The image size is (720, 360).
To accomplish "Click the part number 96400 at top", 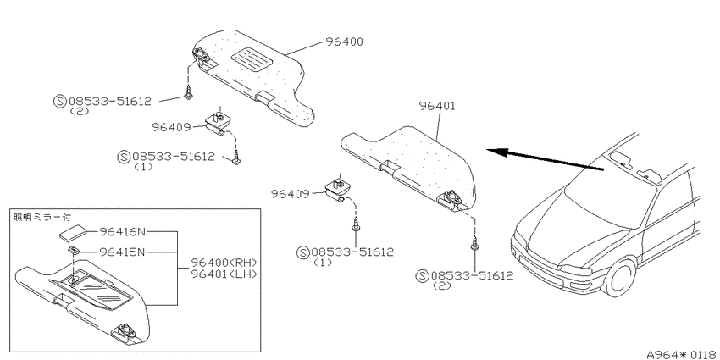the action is click(x=345, y=42).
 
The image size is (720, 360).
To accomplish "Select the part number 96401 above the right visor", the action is click(x=437, y=106).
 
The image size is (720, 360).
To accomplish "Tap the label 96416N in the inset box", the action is click(x=122, y=232).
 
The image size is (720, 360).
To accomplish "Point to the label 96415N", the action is click(x=122, y=252).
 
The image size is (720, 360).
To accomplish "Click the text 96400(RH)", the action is click(x=224, y=263).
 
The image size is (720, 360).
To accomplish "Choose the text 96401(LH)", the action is click(x=224, y=274).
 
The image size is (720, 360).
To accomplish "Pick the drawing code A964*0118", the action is click(x=683, y=354).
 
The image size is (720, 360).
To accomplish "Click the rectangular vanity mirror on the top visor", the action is click(x=251, y=58).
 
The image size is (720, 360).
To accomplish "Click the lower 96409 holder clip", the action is click(x=336, y=189).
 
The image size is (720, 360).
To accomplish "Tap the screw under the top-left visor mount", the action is click(x=188, y=94).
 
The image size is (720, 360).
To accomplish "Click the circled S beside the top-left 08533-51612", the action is click(x=60, y=102).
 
